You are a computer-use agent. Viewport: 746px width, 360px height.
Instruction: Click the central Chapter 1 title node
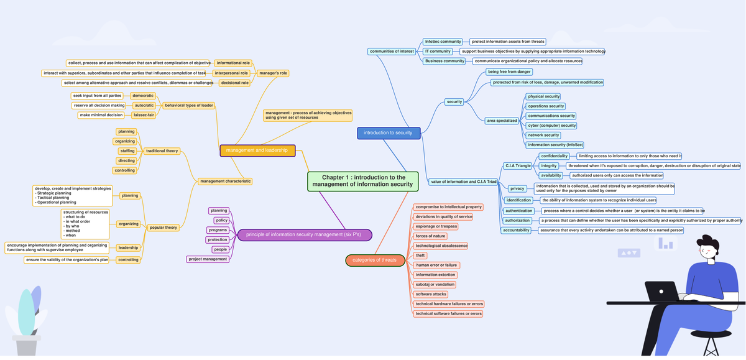tap(362, 181)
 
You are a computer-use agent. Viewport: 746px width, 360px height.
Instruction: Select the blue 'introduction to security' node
tap(389, 132)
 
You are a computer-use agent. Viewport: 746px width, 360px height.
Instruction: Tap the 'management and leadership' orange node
tap(257, 150)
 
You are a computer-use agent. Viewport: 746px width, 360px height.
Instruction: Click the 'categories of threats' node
tap(371, 260)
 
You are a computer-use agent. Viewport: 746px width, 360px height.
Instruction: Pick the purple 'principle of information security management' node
tap(304, 234)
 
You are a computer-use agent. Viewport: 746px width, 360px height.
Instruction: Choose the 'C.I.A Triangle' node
tap(517, 166)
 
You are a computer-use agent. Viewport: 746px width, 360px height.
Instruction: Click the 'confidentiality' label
tap(555, 156)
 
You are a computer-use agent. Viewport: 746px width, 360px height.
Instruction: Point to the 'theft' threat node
tap(421, 256)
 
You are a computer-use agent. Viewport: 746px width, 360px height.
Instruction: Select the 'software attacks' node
tap(431, 294)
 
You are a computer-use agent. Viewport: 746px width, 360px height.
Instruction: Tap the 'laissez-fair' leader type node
tap(144, 115)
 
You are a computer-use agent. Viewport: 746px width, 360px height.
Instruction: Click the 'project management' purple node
tap(208, 259)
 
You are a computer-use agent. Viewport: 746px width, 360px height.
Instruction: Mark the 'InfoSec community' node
tap(443, 42)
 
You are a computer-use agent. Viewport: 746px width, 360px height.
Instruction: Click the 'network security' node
tap(543, 135)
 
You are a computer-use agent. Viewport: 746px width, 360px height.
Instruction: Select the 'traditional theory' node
tap(162, 151)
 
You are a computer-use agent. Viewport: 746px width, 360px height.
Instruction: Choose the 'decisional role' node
tap(234, 83)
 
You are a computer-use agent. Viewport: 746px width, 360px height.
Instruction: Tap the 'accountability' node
tap(517, 230)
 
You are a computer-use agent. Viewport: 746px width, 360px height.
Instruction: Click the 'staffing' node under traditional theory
tap(127, 151)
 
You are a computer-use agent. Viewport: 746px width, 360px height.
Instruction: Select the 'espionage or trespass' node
tap(436, 226)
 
